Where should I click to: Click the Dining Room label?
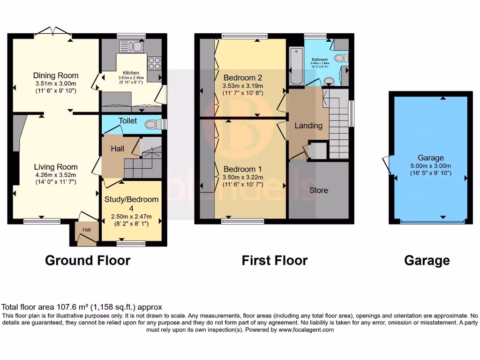pyautogui.click(x=56, y=75)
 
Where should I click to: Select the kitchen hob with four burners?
pyautogui.click(x=154, y=63)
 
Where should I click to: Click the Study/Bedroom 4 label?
pyautogui.click(x=131, y=203)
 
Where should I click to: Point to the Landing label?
pyautogui.click(x=308, y=126)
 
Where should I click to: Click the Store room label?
pyautogui.click(x=318, y=190)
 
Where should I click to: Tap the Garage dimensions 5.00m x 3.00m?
pyautogui.click(x=430, y=166)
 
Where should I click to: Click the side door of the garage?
pyautogui.click(x=387, y=164)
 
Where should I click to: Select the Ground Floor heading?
pyautogui.click(x=88, y=260)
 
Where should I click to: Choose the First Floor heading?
pyautogui.click(x=274, y=260)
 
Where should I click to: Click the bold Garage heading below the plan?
pyautogui.click(x=427, y=260)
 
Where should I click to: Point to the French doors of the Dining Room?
pyautogui.click(x=52, y=31)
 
